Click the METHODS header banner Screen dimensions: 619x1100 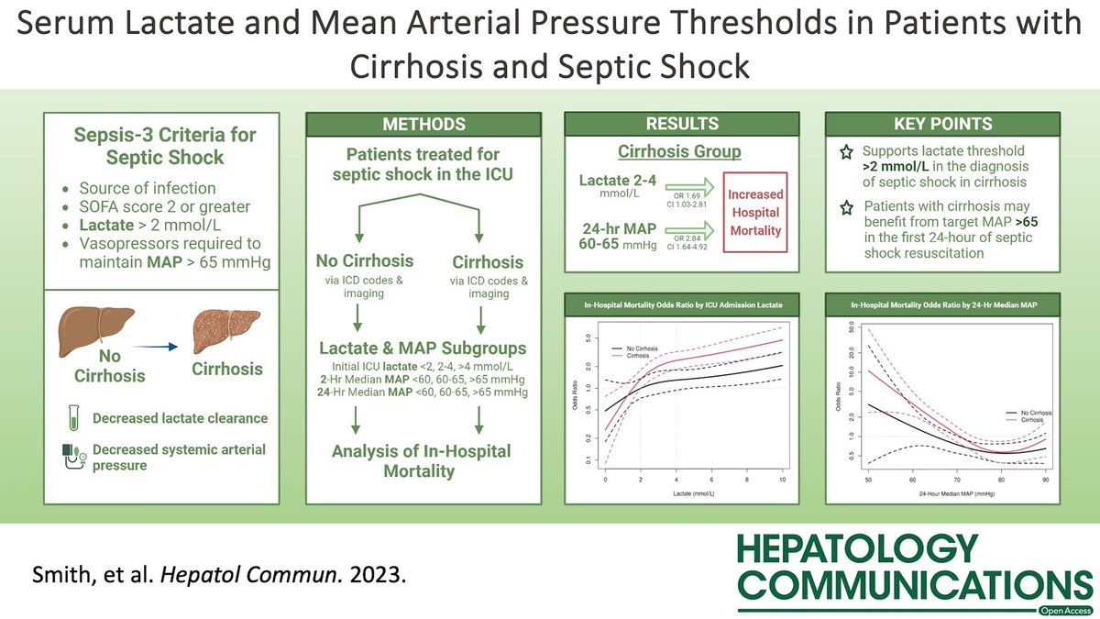click(x=422, y=124)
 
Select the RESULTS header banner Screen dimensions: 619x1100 click(x=681, y=124)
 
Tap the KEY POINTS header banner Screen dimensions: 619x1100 click(x=943, y=124)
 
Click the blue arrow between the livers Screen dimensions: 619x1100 click(x=160, y=348)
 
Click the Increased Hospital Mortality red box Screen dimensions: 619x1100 click(x=756, y=212)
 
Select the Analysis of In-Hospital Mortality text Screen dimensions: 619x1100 click(x=421, y=461)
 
